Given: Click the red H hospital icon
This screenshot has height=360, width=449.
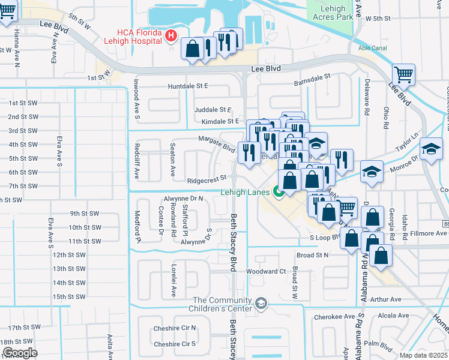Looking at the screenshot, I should point(171,37).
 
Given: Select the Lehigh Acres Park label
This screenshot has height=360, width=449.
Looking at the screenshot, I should point(330,13).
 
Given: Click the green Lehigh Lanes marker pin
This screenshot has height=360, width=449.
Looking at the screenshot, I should point(278,192).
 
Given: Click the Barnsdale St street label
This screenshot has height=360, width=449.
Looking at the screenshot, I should point(312,78).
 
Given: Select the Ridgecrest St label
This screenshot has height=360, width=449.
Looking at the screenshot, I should point(206,178).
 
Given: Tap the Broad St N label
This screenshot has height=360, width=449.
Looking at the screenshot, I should point(313,255).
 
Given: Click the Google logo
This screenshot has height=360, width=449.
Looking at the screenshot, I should point(20,353).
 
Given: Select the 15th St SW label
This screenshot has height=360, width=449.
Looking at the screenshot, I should point(69,296).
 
